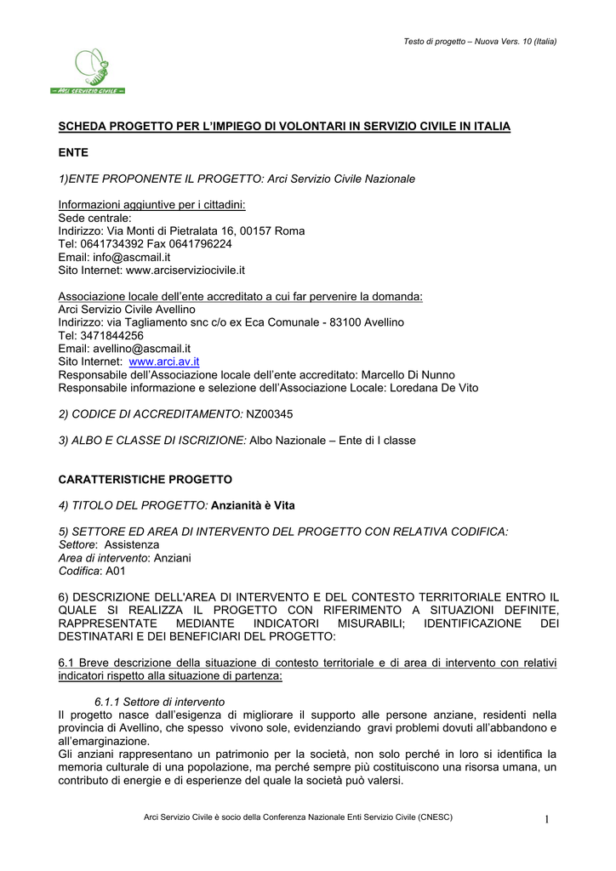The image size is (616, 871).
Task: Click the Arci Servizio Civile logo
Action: tap(88, 71)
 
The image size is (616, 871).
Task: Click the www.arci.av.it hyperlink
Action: tap(163, 361)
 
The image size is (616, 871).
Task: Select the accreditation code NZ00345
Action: tap(273, 413)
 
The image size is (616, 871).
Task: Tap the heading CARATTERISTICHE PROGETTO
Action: tap(145, 480)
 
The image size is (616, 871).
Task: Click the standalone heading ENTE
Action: tap(73, 152)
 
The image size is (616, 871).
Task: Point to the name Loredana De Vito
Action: tap(434, 388)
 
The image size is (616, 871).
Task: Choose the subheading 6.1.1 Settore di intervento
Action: tap(159, 702)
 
